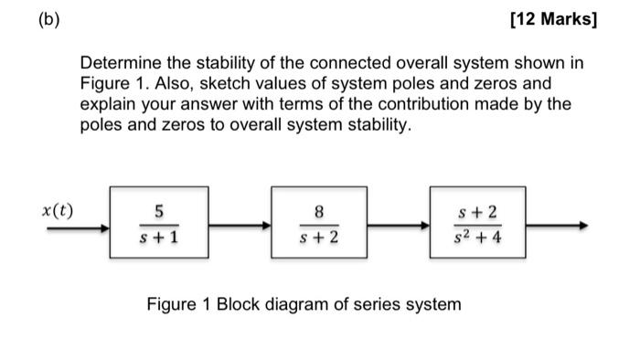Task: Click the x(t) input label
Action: tap(59, 211)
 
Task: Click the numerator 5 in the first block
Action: tap(159, 213)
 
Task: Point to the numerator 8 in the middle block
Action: tap(319, 213)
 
